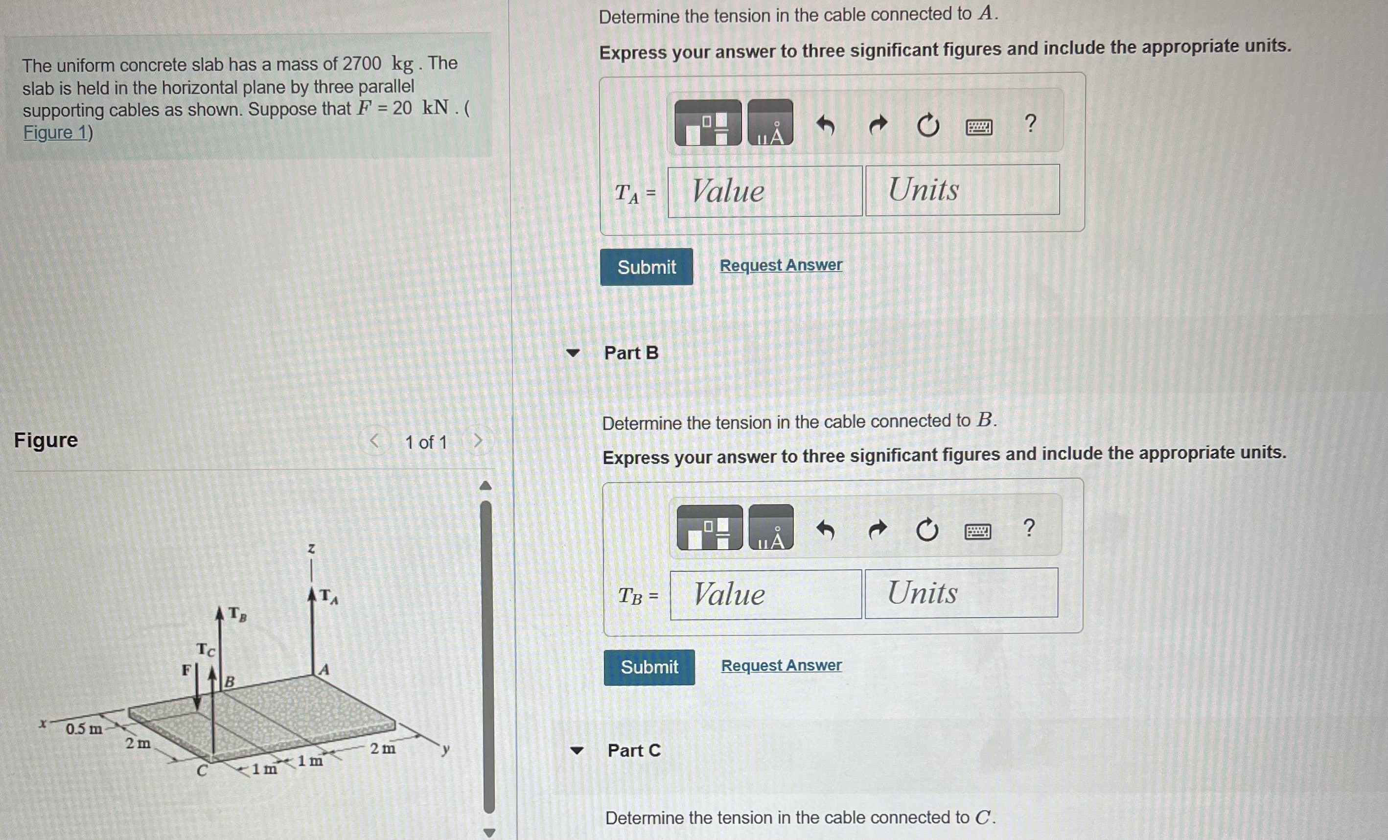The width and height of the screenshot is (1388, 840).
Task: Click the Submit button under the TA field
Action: tap(646, 267)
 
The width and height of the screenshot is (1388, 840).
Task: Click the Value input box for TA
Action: tap(764, 191)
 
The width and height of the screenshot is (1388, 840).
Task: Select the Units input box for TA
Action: tap(962, 190)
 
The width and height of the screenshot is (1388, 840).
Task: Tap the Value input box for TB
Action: tap(765, 594)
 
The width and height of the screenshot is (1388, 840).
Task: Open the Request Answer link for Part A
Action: tap(781, 265)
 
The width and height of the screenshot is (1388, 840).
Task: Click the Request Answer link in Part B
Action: tap(781, 665)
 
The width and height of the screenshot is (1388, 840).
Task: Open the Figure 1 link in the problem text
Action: tap(56, 133)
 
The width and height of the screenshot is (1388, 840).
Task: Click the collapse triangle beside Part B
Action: tap(573, 353)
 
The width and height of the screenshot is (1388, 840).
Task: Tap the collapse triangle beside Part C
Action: tap(576, 750)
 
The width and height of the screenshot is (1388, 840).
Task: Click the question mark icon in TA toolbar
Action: tap(1030, 123)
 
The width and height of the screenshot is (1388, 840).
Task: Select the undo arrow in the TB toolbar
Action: tap(825, 530)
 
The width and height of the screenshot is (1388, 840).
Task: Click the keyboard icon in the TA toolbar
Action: tap(979, 127)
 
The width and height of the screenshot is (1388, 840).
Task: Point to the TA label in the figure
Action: tap(328, 596)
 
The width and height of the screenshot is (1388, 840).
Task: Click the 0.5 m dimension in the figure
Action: tap(84, 729)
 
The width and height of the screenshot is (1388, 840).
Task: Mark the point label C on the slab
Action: tap(202, 770)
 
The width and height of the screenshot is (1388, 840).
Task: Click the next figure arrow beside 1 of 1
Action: tap(478, 441)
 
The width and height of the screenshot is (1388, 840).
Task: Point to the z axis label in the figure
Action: tap(311, 548)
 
